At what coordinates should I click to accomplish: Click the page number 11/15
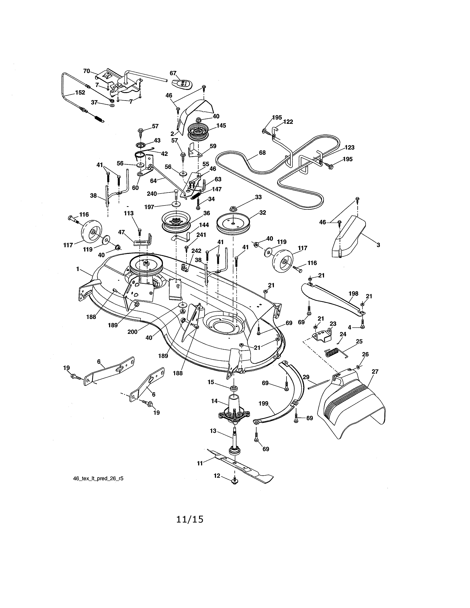(190, 520)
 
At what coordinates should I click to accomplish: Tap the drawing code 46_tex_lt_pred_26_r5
(98, 478)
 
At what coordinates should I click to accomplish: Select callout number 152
(80, 92)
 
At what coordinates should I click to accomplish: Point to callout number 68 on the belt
(262, 153)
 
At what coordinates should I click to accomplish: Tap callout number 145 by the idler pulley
(221, 125)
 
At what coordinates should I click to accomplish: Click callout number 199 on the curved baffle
(263, 403)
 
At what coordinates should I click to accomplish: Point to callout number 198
(353, 293)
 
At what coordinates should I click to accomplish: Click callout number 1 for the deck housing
(78, 269)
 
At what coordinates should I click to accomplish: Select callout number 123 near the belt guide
(349, 148)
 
